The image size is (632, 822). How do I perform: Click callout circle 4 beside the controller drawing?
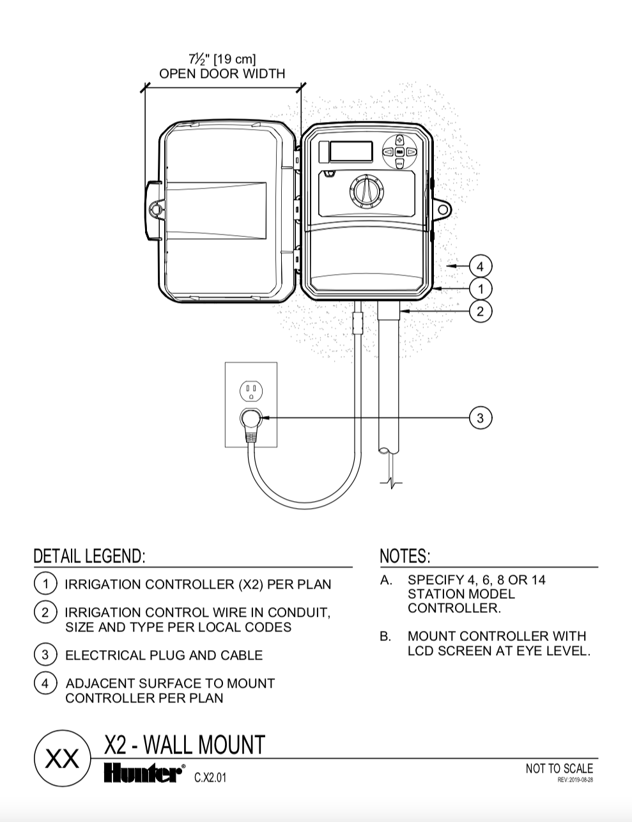pos(480,267)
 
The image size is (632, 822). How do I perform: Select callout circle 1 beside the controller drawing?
pos(480,289)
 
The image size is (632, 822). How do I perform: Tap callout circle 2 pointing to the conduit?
pos(480,311)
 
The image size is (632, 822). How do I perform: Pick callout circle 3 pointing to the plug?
pos(480,418)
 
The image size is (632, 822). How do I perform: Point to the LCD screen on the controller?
pos(351,152)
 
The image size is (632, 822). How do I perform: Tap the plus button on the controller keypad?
pos(400,140)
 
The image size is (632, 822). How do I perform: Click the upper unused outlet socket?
pos(251,391)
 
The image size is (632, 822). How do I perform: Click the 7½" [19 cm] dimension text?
pos(222,59)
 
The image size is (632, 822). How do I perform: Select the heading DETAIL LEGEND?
pos(89,557)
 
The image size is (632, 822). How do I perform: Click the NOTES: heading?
pos(405,557)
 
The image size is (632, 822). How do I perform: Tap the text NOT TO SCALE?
pos(559,769)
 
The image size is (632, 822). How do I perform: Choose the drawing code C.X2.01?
pos(210,778)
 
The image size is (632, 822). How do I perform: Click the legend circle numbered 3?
pos(45,655)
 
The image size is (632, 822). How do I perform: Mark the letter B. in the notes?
pos(385,637)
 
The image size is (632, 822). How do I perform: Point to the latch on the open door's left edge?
pos(153,210)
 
